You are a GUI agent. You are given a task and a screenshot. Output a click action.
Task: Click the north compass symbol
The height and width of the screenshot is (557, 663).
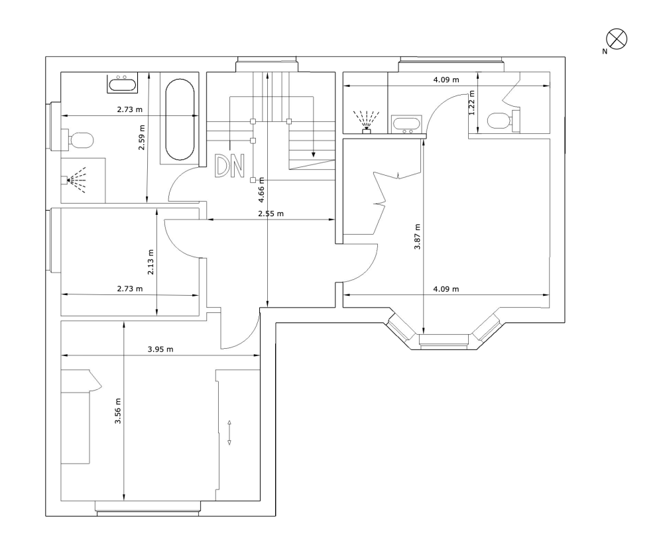click(617, 39)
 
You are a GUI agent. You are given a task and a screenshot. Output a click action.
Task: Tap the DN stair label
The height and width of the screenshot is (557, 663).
click(229, 166)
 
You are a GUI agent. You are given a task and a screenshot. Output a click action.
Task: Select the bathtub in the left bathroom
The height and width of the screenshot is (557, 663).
click(180, 119)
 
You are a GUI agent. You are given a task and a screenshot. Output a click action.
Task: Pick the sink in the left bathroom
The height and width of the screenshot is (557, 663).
click(123, 84)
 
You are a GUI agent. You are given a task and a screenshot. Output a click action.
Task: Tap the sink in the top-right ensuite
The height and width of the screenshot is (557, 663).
click(407, 125)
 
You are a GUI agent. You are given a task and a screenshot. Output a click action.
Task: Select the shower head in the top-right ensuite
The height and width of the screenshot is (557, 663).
click(366, 122)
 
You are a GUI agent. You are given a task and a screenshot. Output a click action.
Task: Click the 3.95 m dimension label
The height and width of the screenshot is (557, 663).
click(160, 349)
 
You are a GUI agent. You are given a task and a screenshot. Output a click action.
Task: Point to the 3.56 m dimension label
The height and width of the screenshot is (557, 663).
click(118, 411)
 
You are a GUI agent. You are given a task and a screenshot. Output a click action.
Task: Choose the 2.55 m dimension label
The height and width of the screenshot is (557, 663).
click(271, 214)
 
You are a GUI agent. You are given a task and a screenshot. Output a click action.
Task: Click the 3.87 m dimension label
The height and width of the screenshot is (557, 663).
click(417, 237)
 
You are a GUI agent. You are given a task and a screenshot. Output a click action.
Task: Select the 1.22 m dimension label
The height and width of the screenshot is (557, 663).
click(472, 103)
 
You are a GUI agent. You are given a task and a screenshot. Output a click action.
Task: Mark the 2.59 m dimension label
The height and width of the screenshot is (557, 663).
click(142, 137)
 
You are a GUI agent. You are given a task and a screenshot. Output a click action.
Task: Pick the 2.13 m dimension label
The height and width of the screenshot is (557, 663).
click(151, 262)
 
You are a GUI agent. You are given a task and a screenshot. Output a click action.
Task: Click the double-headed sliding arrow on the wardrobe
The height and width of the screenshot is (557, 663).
click(229, 432)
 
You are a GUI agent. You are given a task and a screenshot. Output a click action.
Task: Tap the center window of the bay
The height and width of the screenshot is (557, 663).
click(444, 340)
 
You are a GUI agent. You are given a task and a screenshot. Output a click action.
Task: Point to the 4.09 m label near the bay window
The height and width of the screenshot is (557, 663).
click(446, 289)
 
